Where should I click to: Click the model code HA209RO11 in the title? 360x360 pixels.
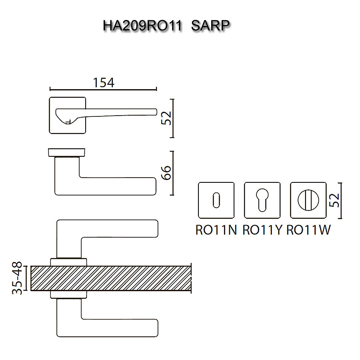142,26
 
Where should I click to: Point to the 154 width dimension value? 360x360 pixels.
104,82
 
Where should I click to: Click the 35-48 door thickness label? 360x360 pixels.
17,279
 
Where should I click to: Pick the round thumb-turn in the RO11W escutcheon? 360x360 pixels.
308,200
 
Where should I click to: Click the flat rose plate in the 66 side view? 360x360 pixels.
67,152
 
